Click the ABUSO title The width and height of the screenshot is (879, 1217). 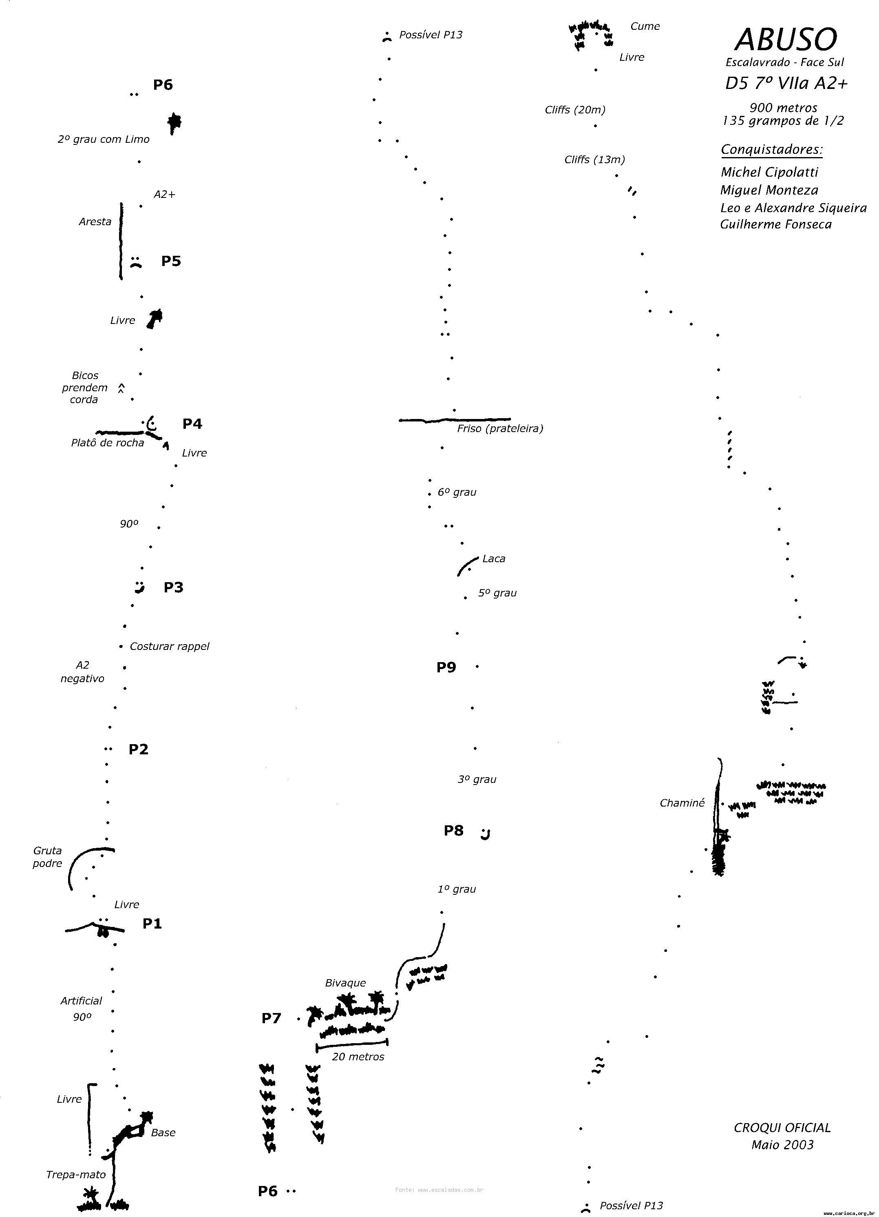tap(785, 39)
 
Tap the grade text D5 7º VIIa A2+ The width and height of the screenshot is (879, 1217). tap(786, 84)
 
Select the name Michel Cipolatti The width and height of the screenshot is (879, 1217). tap(769, 172)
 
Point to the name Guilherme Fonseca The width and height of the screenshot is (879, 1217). tap(775, 224)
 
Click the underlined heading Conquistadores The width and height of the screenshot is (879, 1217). tap(771, 149)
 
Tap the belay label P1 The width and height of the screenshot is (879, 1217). tap(152, 924)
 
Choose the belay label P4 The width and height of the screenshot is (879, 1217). tap(192, 424)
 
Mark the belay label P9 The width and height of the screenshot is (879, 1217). tap(446, 667)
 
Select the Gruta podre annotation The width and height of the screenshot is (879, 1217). tap(47, 857)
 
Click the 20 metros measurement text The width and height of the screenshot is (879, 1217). tap(358, 1057)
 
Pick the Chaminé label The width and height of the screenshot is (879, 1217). tap(682, 803)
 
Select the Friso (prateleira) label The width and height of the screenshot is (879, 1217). tap(500, 429)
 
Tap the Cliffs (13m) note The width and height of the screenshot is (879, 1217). tap(594, 160)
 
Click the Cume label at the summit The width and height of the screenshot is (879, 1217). tap(645, 26)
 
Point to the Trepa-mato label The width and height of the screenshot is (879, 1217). tap(75, 1175)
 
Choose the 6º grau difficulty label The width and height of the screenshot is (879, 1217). tap(457, 492)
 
